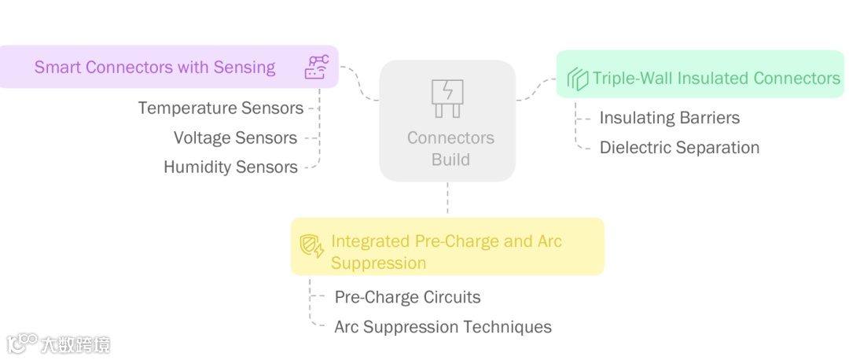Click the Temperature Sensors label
[x=221, y=108]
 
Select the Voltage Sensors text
[x=235, y=138]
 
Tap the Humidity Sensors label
[x=230, y=167]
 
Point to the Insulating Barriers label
[x=669, y=118]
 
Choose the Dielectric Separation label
[x=679, y=148]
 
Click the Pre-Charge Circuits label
[x=407, y=297]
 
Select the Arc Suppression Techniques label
[x=443, y=326]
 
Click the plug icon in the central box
[x=447, y=98]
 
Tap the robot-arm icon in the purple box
[x=316, y=68]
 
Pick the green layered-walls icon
[x=578, y=79]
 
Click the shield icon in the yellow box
[x=312, y=247]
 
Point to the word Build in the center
[x=450, y=160]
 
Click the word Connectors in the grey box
[x=450, y=138]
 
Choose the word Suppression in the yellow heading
[x=378, y=263]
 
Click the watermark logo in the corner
[x=24, y=343]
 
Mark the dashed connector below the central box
[x=447, y=199]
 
